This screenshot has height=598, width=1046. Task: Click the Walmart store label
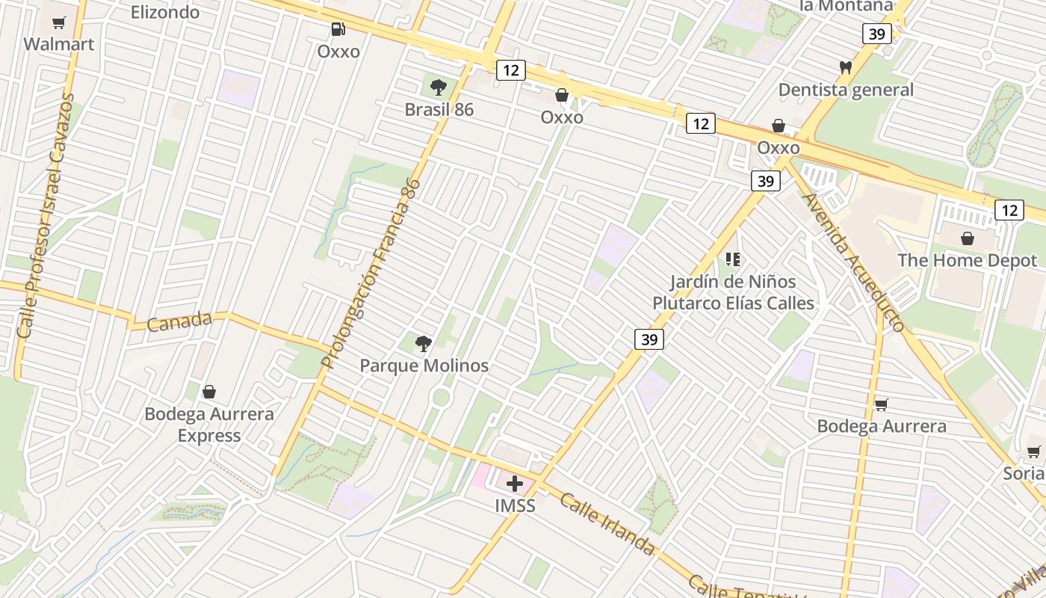point(59,44)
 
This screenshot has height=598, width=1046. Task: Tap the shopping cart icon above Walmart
point(59,23)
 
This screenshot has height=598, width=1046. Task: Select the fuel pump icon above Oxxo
point(338,29)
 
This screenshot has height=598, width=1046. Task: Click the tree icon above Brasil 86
point(439,87)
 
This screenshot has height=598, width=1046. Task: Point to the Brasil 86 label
point(439,110)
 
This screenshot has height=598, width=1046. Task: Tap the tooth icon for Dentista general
point(846,67)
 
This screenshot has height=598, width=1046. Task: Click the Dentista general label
point(846,90)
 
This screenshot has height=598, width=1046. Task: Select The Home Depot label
point(967,260)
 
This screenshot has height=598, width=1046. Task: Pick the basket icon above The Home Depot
point(968,238)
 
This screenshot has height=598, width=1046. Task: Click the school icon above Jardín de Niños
point(733,259)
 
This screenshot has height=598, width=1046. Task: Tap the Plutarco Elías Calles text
point(733,303)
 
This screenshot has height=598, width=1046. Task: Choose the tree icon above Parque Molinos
point(424,344)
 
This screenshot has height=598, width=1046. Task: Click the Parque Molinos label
point(424,366)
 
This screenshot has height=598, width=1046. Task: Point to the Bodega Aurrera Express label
point(209,425)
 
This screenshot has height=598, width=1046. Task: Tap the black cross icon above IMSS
point(515,483)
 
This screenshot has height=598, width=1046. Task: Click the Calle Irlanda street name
point(607,523)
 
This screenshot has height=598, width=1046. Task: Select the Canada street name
point(179,321)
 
